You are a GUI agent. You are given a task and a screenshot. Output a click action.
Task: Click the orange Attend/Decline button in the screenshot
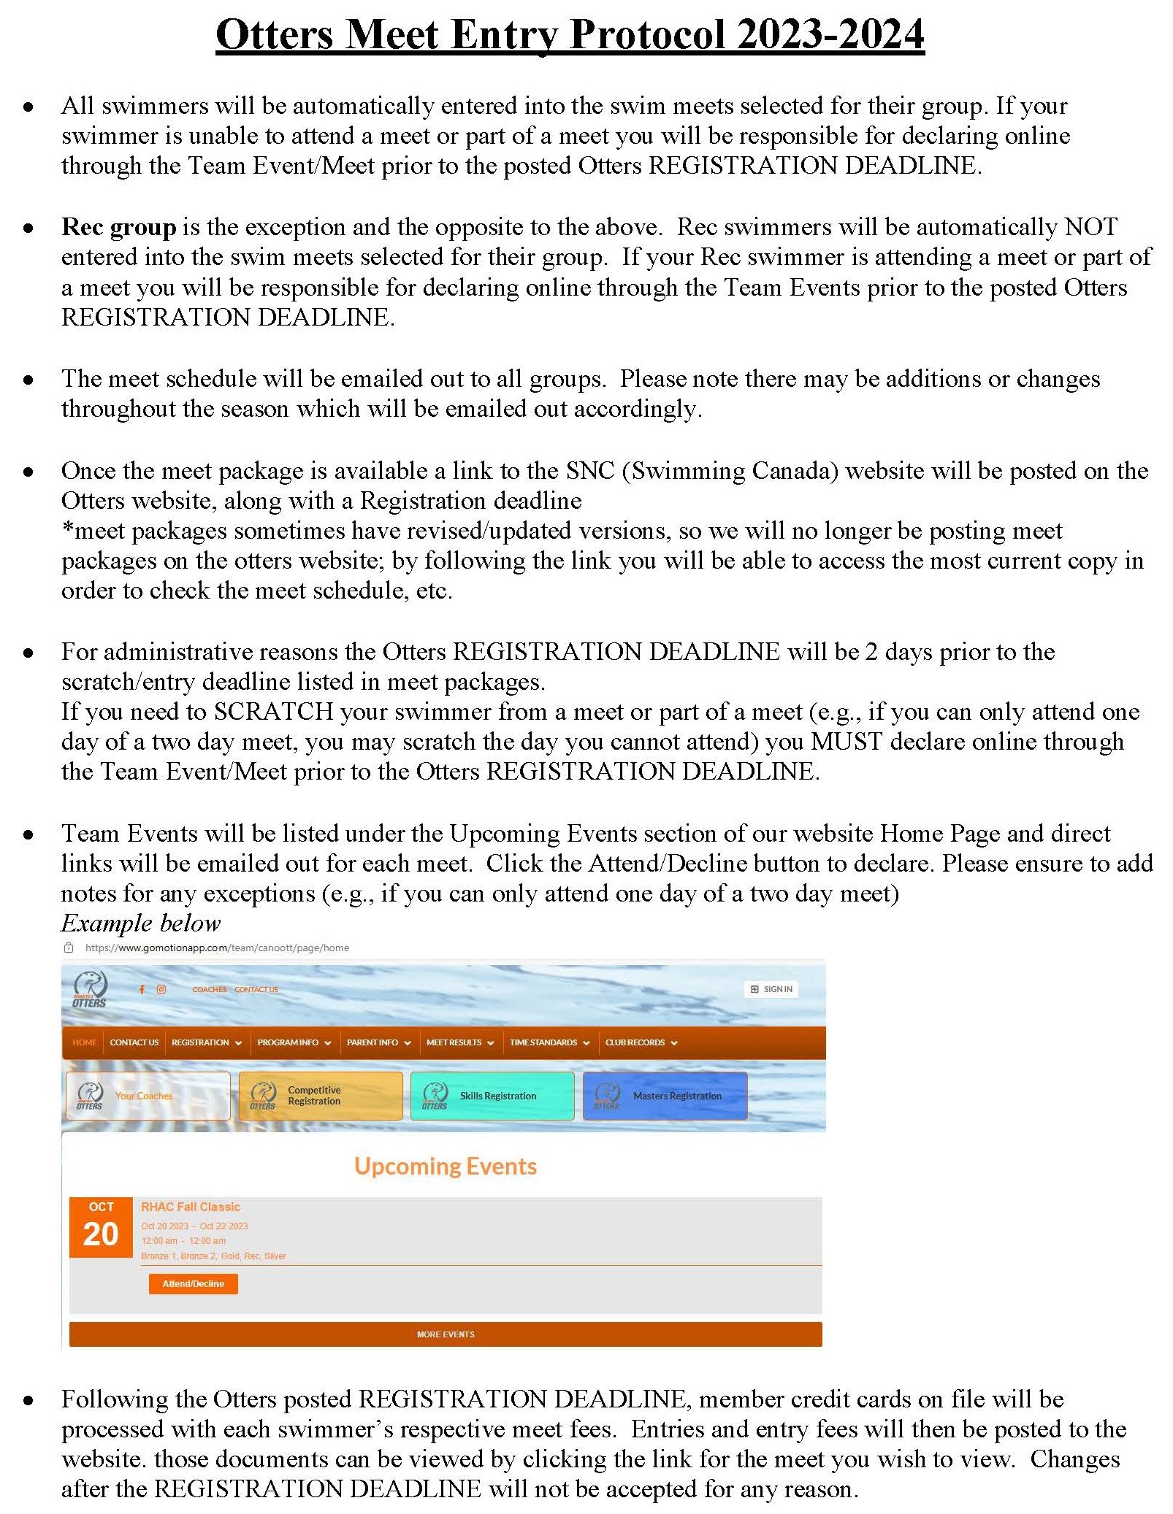tap(193, 1283)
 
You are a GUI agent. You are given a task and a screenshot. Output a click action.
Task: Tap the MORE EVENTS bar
tap(445, 1334)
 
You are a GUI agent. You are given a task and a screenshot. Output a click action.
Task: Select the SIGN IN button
tap(771, 989)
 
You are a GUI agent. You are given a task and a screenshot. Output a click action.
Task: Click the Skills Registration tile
tap(492, 1096)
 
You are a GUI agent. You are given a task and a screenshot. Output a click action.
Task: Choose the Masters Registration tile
tap(665, 1096)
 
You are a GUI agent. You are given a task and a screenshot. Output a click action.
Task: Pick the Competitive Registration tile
tap(321, 1096)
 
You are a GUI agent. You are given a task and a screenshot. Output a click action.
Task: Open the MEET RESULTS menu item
tap(459, 1042)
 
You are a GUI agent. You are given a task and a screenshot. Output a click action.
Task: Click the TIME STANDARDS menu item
tap(549, 1042)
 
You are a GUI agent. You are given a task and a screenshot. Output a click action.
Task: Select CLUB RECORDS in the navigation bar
tap(641, 1042)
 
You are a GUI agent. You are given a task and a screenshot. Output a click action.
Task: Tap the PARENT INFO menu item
tap(378, 1042)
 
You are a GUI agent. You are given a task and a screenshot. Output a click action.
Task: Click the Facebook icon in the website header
tap(142, 989)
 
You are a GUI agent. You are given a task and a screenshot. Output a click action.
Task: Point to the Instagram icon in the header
tap(161, 989)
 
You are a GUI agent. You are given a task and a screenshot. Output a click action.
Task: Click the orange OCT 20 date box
tap(101, 1227)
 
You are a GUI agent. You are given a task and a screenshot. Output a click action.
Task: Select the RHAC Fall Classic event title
tap(191, 1207)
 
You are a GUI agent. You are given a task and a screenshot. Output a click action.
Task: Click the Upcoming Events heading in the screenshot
tap(445, 1166)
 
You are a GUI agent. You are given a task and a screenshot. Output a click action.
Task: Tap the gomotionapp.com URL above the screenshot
tap(217, 948)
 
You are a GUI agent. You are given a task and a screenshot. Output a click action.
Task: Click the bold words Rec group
tap(119, 227)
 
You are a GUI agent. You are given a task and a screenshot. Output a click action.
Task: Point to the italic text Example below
tap(140, 923)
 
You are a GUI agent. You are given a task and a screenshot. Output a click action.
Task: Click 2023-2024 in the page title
tap(830, 34)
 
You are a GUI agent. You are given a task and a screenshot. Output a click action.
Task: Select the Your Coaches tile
tap(148, 1096)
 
